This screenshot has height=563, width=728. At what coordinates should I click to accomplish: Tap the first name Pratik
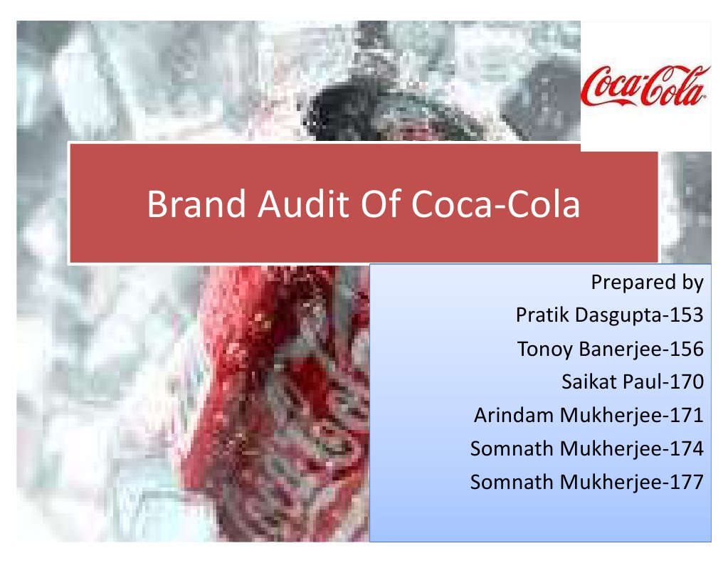point(539,316)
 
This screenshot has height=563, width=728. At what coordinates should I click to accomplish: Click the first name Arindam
point(514,416)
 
